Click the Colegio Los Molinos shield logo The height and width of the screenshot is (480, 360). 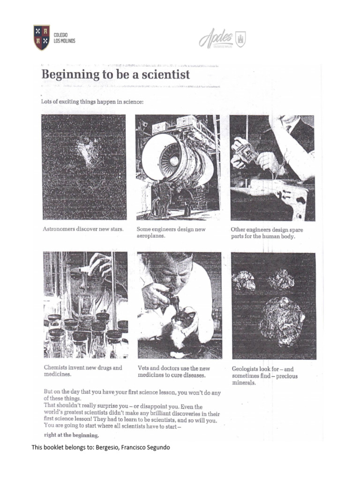[x=42, y=37]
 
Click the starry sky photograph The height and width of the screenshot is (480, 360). [x=83, y=167]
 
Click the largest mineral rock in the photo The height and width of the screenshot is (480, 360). [x=282, y=321]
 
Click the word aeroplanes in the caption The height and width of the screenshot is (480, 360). [x=151, y=236]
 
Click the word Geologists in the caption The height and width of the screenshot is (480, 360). [x=247, y=369]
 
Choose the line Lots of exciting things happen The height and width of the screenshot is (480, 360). [x=92, y=101]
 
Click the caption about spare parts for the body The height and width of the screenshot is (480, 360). [x=266, y=233]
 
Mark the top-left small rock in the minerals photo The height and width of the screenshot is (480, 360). [x=244, y=281]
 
